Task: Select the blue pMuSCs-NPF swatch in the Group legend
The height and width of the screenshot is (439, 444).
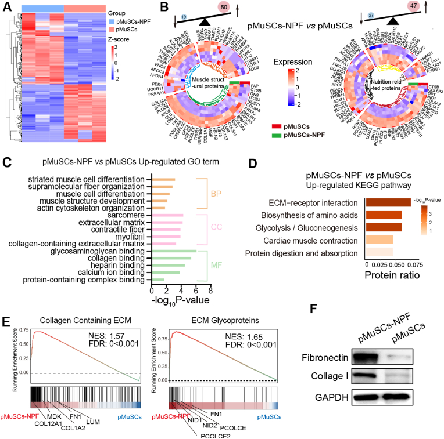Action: (112, 21)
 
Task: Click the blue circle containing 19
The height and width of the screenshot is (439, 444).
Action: (184, 18)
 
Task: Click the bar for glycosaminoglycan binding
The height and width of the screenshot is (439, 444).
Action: (174, 251)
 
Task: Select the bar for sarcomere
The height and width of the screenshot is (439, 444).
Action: (167, 215)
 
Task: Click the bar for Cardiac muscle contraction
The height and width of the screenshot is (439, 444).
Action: (379, 240)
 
